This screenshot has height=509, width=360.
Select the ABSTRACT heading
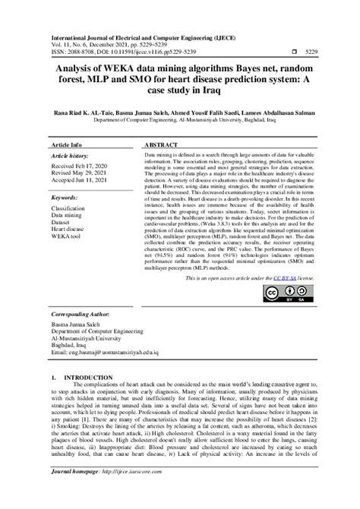(160, 144)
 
